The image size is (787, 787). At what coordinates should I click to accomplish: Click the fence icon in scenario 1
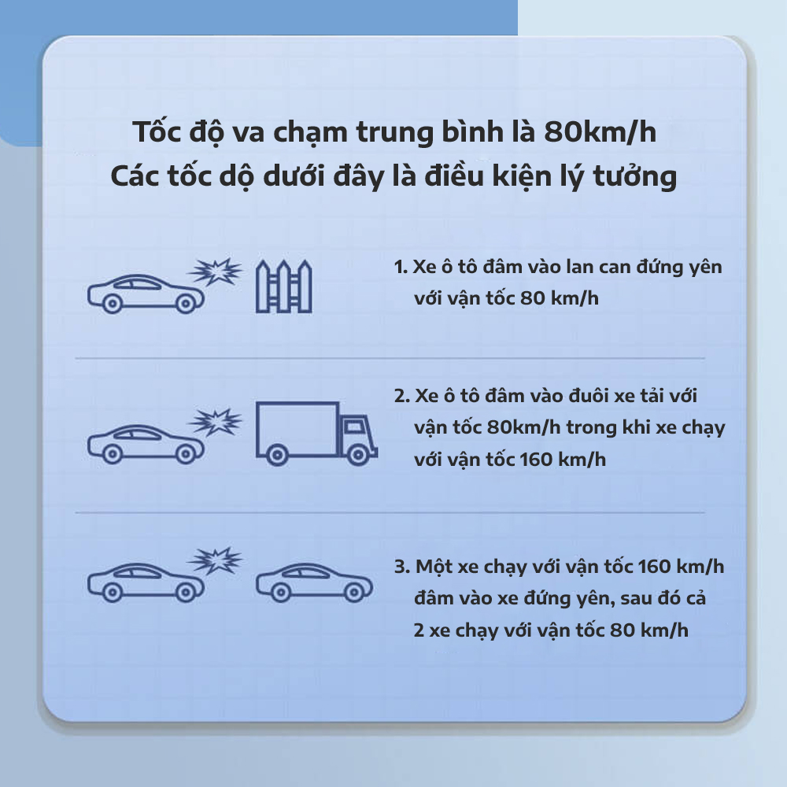tap(284, 286)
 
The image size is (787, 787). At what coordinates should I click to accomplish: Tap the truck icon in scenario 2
tap(316, 433)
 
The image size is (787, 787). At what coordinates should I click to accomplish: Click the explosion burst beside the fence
tap(216, 272)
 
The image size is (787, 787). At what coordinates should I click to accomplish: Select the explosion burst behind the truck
tap(216, 422)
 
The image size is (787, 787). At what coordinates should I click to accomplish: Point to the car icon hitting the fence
tap(146, 294)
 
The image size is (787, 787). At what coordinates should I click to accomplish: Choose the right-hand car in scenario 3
tap(314, 582)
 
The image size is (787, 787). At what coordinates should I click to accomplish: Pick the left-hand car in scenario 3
tap(146, 582)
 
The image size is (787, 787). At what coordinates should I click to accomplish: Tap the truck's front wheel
tap(358, 455)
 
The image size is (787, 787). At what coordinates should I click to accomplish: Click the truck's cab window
tap(355, 427)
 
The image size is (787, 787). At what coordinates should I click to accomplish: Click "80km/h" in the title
tap(600, 132)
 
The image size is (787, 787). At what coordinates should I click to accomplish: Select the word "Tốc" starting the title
tap(156, 131)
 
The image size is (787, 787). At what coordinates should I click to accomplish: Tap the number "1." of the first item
tap(401, 267)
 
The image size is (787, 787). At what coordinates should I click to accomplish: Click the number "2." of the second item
tap(402, 396)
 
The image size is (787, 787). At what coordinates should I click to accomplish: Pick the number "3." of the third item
tap(402, 567)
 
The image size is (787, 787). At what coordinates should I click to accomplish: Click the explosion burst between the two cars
tap(216, 560)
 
